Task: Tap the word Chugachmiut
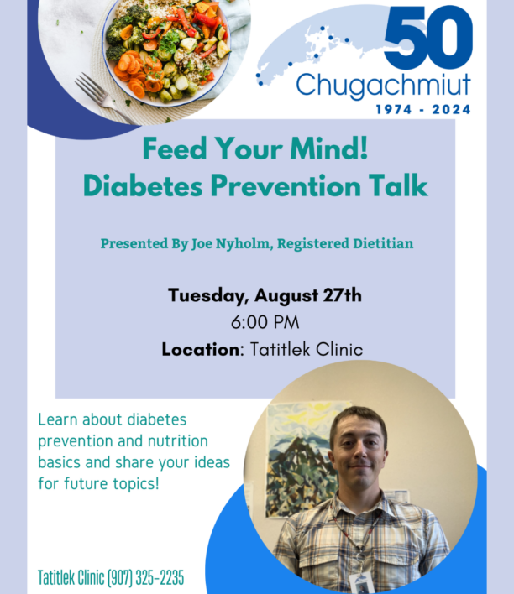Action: click(383, 86)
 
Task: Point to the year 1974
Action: click(394, 110)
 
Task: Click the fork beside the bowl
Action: click(104, 97)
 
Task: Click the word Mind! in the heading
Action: click(329, 148)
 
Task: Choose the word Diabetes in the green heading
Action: click(143, 185)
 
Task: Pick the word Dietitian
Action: click(383, 243)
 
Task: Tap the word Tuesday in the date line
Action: click(208, 296)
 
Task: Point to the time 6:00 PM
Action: click(265, 322)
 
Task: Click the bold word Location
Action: click(200, 349)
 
